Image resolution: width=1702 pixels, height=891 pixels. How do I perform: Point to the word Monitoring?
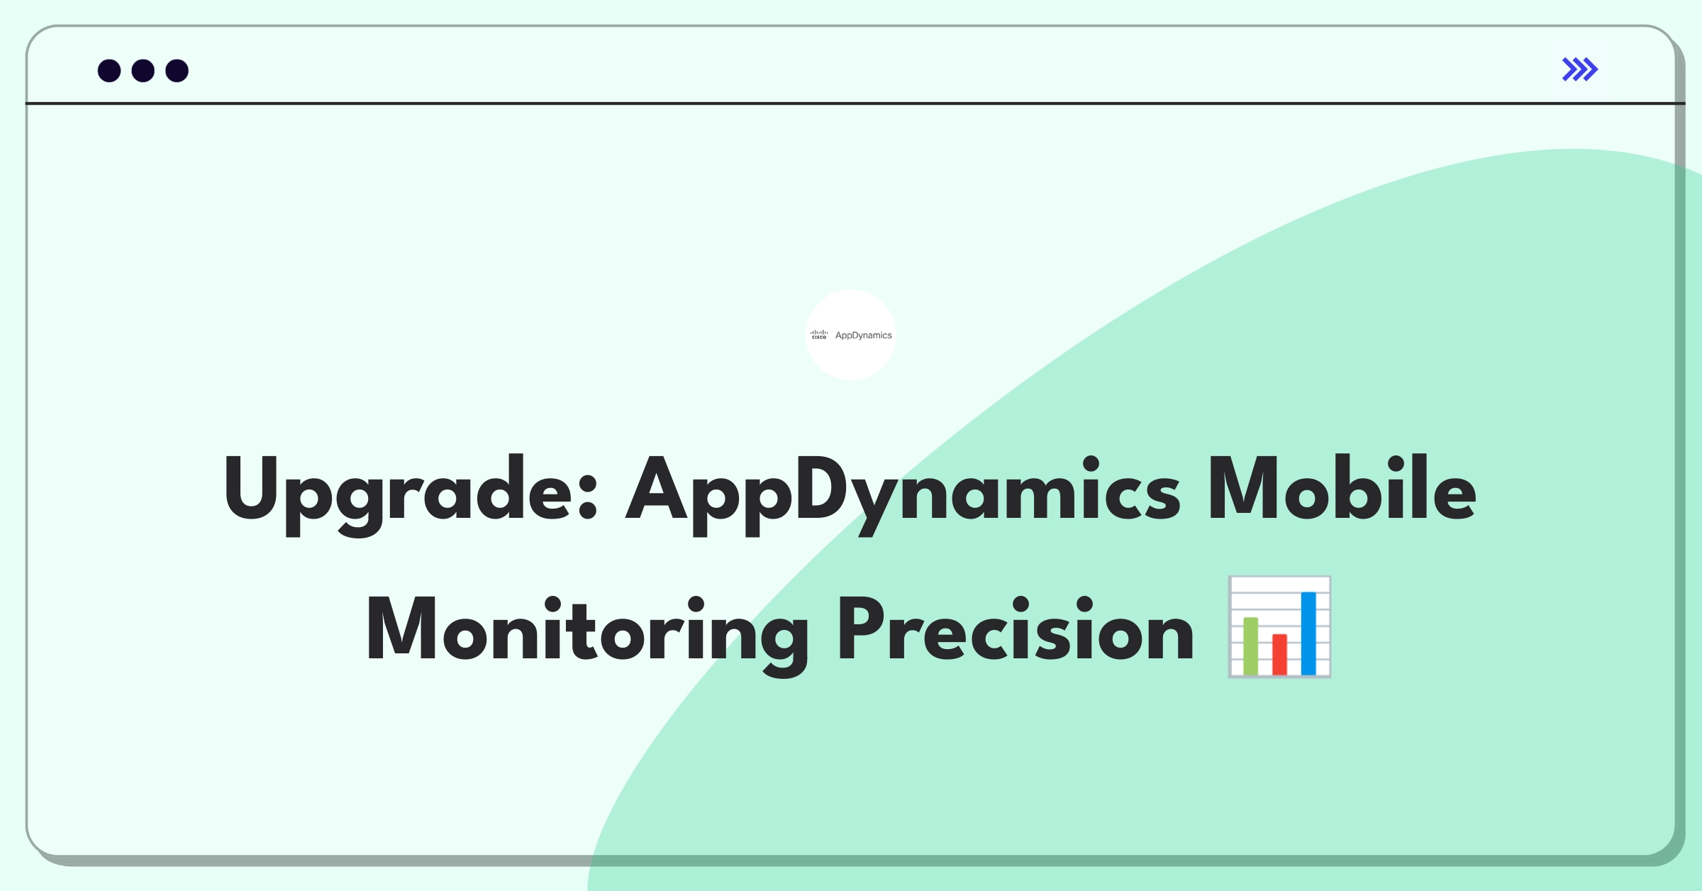tap(587, 630)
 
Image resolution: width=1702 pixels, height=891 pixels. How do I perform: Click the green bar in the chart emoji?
tap(1250, 646)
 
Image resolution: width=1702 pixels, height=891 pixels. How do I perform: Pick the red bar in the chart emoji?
tap(1279, 653)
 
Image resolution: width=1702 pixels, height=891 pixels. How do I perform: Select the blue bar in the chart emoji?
tap(1308, 633)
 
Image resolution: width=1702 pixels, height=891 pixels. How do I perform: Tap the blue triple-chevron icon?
tap(1579, 70)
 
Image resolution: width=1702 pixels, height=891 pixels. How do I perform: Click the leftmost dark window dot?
tap(109, 71)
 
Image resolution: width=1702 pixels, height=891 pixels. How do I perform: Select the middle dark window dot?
tap(143, 71)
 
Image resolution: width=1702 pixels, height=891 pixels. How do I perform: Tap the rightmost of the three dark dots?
tap(177, 71)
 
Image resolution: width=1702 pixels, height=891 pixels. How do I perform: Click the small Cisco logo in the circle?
tap(819, 335)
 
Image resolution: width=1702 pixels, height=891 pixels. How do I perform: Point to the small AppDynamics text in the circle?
tap(863, 336)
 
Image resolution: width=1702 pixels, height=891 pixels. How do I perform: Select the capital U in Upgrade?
tap(253, 488)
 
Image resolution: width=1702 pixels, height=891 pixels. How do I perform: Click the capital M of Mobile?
tap(1239, 488)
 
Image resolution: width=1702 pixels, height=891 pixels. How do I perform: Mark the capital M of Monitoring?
tap(401, 629)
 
